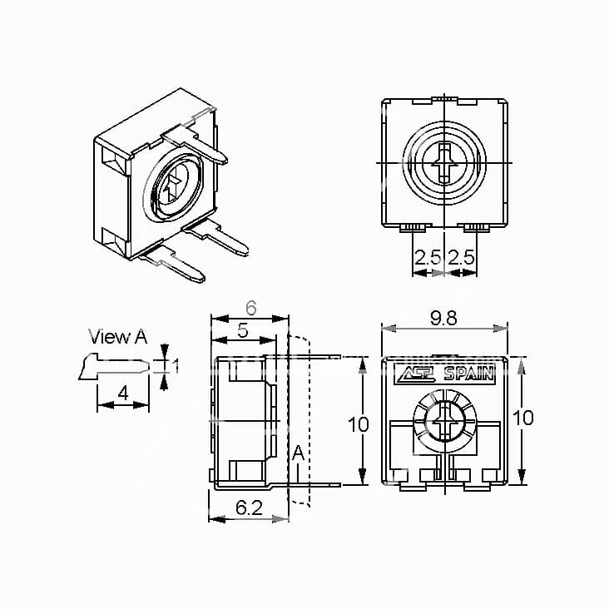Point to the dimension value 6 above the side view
click(x=250, y=307)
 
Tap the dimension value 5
click(x=242, y=329)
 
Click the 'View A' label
click(x=117, y=337)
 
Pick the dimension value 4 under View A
click(x=122, y=394)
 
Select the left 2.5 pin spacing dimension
click(x=428, y=257)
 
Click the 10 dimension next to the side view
click(x=358, y=424)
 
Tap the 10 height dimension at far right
click(x=522, y=418)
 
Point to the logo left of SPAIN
click(x=418, y=374)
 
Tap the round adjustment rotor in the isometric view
click(x=172, y=185)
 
